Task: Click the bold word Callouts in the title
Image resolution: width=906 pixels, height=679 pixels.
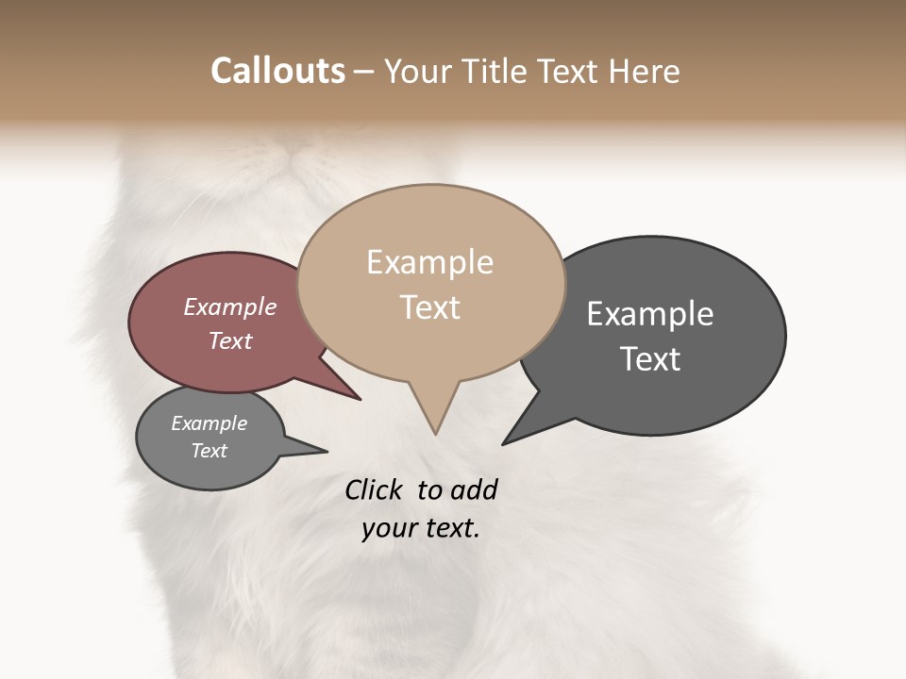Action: click(x=277, y=71)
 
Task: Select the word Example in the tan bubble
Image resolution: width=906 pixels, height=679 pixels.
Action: click(x=429, y=262)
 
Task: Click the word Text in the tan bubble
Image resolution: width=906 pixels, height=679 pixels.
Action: click(x=429, y=307)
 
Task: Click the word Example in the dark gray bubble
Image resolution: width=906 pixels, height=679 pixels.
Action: click(x=650, y=314)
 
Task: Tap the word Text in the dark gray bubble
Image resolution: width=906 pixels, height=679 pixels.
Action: click(x=650, y=359)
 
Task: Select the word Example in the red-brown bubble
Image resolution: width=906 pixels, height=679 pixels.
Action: click(x=230, y=307)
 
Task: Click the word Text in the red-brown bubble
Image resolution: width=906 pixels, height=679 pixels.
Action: click(x=230, y=340)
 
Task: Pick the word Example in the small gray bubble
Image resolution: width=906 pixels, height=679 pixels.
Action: click(x=210, y=423)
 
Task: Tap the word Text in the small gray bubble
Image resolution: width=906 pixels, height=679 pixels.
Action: click(x=210, y=451)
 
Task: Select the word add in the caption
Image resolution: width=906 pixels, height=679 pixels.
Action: click(x=474, y=489)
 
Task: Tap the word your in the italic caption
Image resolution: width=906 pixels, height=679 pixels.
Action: click(x=389, y=528)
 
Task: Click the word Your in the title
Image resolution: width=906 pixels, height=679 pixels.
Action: click(x=416, y=71)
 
